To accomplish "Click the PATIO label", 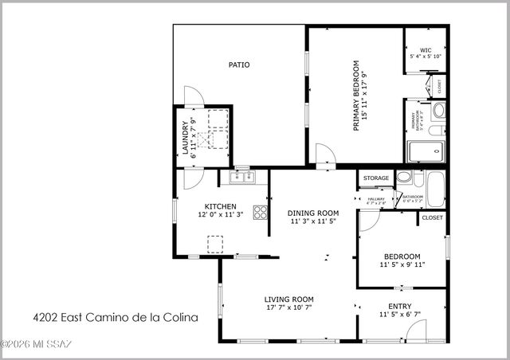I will (x=238, y=65).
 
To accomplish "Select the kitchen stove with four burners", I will (x=260, y=212).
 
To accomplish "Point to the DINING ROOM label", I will (x=313, y=213).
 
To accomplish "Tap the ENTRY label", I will (x=400, y=306).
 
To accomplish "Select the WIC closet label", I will (x=426, y=52).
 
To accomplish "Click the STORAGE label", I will (x=376, y=178).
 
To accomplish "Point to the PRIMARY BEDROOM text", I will (x=356, y=96).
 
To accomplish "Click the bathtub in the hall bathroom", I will (x=435, y=190).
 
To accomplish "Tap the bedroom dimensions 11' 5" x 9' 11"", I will (x=403, y=265).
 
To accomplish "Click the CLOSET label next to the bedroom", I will (x=433, y=217).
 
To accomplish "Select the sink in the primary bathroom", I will (x=438, y=109).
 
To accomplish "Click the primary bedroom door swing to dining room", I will (x=324, y=155).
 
